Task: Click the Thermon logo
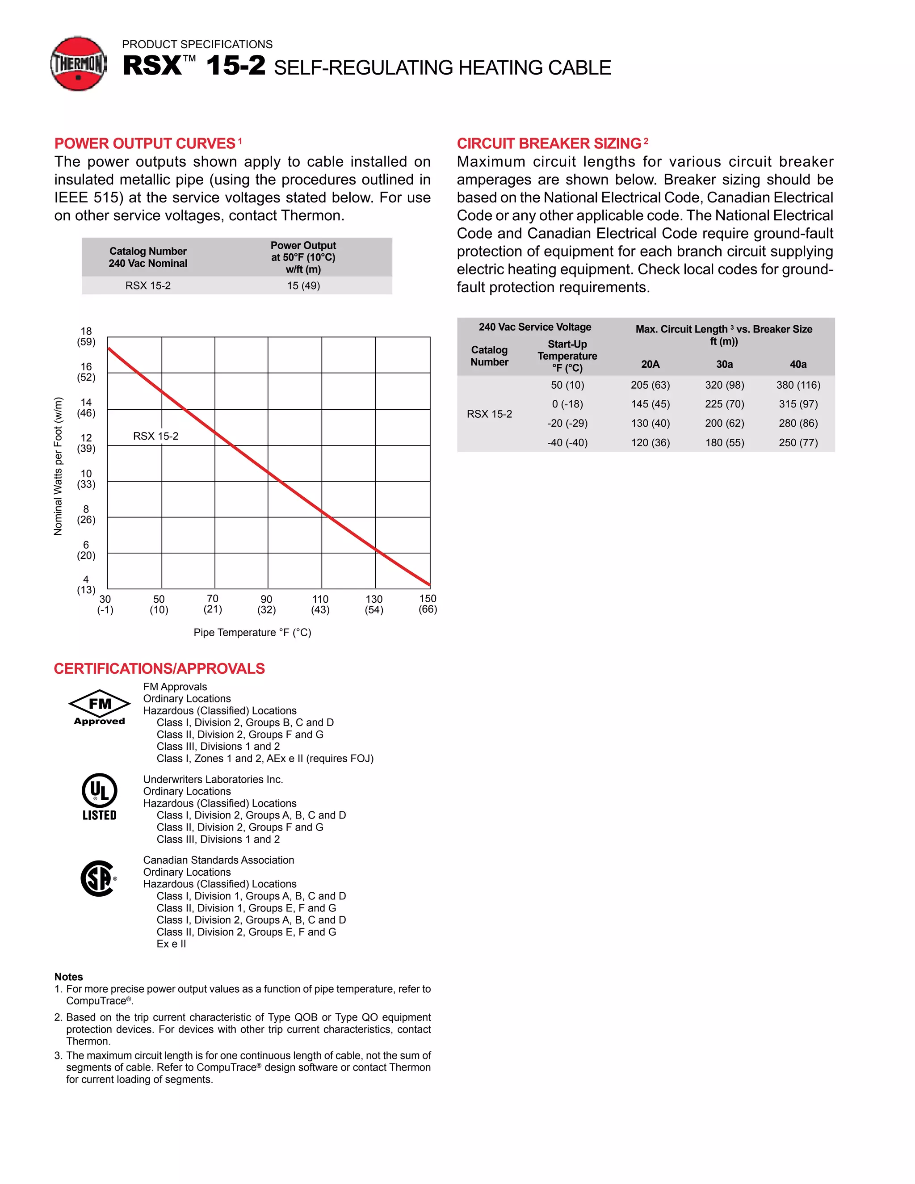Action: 79,64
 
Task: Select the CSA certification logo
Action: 98,878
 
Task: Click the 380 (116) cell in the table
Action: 798,385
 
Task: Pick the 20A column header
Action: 650,364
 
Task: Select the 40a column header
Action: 798,364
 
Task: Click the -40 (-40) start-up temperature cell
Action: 567,442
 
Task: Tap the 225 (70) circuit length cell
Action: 724,404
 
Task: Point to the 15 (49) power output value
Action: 303,286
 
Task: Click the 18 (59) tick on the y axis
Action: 86,336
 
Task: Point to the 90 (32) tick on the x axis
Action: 266,604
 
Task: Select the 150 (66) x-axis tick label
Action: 428,603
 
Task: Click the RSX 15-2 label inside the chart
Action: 155,436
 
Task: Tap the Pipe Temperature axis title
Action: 252,633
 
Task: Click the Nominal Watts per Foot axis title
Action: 58,466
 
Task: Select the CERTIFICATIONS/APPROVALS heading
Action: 159,668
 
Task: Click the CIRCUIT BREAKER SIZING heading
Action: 549,144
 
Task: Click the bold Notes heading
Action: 68,977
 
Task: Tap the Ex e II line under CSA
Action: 171,944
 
